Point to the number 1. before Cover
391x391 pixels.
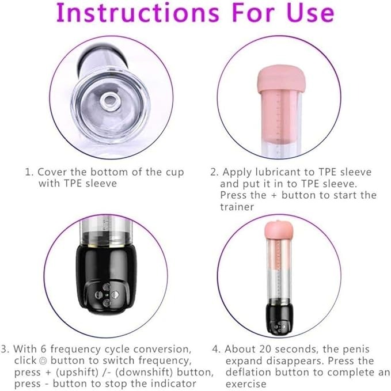coord(29,172)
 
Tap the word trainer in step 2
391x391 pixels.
coord(237,207)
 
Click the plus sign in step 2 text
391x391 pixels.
coord(274,195)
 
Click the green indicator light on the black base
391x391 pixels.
coord(107,295)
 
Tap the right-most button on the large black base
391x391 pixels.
coord(115,295)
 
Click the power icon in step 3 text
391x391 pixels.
coord(43,360)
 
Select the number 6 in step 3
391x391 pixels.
coord(43,349)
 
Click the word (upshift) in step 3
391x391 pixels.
coord(77,373)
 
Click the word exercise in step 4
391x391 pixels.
coord(246,384)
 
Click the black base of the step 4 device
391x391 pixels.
coord(279,318)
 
